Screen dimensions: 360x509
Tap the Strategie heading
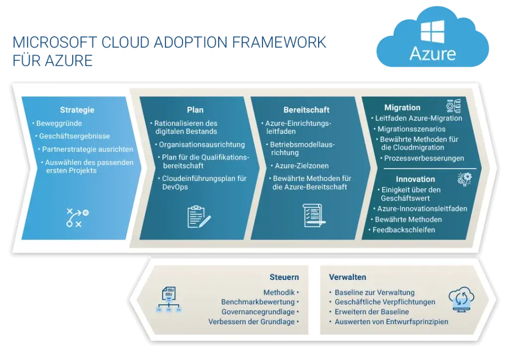tap(77, 110)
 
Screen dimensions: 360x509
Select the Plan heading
tap(195, 110)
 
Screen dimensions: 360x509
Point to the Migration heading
tap(402, 107)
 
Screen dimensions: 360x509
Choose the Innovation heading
tap(415, 179)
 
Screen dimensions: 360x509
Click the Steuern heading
tap(284, 277)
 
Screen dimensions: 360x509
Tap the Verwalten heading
tap(347, 277)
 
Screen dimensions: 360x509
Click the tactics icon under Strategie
tap(77, 217)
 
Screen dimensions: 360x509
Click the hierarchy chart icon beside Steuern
tap(169, 299)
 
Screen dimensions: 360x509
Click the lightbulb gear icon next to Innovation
tap(465, 179)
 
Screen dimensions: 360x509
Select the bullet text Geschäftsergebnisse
tap(75, 136)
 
